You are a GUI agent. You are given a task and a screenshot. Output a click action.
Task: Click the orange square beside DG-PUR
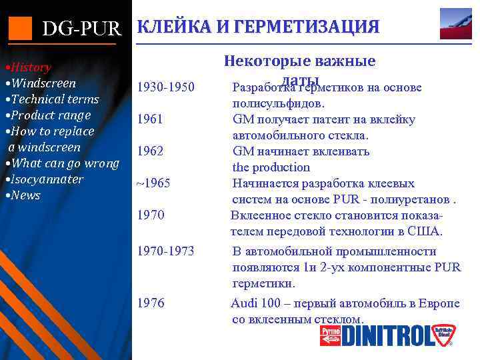point(20,27)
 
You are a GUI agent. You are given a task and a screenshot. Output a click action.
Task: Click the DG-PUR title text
point(81,29)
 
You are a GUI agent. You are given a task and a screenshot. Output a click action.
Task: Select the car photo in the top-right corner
point(455,23)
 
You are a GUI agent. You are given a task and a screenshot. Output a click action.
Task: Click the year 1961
point(150,120)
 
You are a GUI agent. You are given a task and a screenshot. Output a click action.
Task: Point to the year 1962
point(150,151)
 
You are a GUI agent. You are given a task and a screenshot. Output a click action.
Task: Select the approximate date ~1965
point(154,183)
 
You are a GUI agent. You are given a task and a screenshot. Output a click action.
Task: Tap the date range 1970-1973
point(165,251)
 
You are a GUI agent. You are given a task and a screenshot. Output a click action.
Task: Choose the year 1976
point(150,303)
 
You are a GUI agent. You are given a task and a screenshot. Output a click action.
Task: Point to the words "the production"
point(271,167)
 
